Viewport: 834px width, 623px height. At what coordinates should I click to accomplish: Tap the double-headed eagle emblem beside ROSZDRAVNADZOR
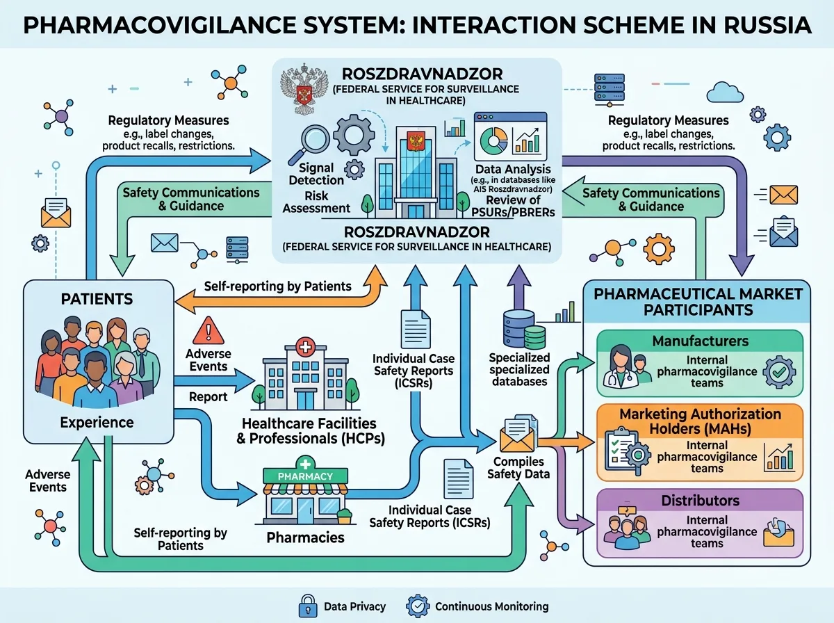pos(304,88)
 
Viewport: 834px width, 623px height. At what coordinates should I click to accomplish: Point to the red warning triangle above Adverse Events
pos(208,331)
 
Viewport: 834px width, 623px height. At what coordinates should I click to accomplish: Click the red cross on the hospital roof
pos(304,347)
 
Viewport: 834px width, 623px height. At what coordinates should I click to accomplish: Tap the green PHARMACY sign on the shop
pos(305,476)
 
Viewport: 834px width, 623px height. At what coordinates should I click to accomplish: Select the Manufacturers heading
pos(701,341)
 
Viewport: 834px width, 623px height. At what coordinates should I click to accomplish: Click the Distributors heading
pos(701,501)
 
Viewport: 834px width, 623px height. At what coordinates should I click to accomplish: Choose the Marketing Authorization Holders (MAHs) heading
pos(701,421)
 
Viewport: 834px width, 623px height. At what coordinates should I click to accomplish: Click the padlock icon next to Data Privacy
pos(308,606)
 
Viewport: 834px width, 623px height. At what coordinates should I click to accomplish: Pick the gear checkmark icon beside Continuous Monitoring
pos(418,606)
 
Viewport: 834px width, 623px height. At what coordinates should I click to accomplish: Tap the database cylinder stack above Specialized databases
pos(523,330)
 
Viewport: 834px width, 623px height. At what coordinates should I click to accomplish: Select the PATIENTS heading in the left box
pos(97,299)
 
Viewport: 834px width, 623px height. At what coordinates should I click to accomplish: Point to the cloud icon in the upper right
pos(725,92)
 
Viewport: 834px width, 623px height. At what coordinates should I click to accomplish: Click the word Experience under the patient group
pos(97,422)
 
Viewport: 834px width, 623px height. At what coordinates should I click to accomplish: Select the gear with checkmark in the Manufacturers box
pos(779,372)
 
